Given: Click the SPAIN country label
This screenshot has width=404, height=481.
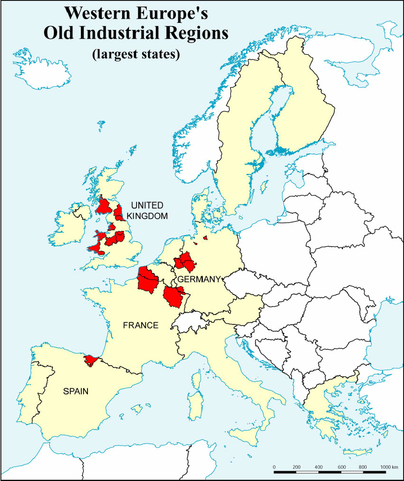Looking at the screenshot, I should click(x=76, y=392).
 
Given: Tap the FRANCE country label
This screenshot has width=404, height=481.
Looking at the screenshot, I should click(x=140, y=326).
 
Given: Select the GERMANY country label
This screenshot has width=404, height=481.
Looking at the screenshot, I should click(x=199, y=279).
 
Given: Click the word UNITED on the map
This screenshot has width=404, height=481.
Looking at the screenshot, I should click(x=147, y=205).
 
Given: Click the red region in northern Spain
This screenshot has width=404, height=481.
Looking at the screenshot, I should click(x=89, y=361).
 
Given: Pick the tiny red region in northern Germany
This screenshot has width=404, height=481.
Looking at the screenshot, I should click(x=206, y=238).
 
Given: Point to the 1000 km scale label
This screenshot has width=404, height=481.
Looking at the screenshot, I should click(x=388, y=467).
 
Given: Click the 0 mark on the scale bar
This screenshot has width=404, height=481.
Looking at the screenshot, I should click(x=274, y=467).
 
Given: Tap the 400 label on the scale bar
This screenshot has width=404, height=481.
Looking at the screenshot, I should click(x=319, y=467).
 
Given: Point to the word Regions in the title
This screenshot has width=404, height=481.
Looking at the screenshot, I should click(x=199, y=33).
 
